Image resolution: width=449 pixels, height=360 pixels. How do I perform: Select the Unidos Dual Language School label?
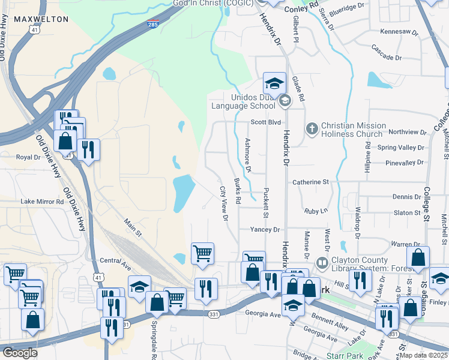243,102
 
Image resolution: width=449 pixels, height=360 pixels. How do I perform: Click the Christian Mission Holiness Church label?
351,130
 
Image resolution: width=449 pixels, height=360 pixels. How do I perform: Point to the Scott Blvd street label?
265,122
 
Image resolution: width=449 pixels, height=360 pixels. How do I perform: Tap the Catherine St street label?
310,181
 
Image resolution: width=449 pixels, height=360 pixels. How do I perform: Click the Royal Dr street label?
28,157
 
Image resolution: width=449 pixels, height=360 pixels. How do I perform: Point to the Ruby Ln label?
316,211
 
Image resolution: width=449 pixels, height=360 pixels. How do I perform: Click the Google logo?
20,353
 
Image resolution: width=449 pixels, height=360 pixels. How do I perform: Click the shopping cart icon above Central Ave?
203,253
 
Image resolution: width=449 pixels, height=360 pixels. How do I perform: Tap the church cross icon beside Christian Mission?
312,128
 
